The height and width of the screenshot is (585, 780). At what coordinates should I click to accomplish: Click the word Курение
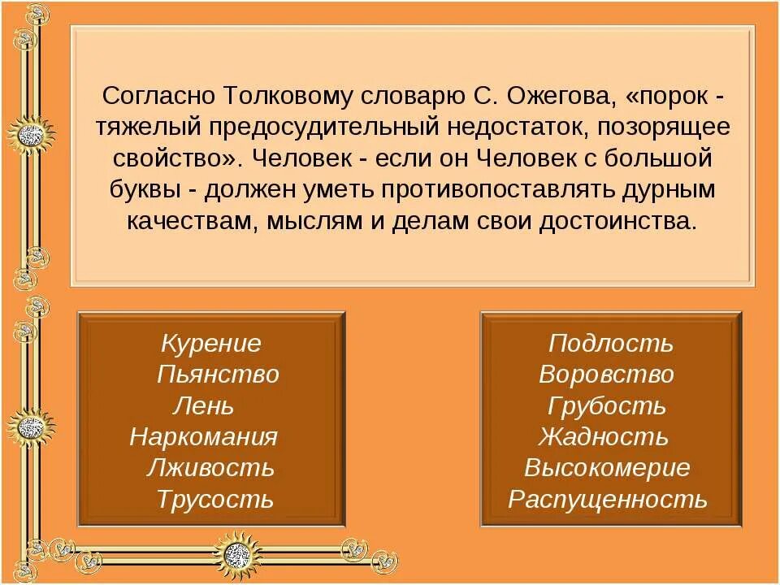pyautogui.click(x=211, y=344)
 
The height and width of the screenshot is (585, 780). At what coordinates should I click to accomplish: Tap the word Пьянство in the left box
pyautogui.click(x=218, y=375)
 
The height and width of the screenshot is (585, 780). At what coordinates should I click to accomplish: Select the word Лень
pyautogui.click(x=203, y=405)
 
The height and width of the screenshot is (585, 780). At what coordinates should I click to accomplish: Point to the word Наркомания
pyautogui.click(x=203, y=437)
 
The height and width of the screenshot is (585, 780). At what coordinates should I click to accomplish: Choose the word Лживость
pyautogui.click(x=210, y=468)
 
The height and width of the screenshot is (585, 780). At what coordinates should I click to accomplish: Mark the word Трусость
pyautogui.click(x=215, y=499)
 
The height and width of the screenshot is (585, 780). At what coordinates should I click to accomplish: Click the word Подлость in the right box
pyautogui.click(x=611, y=344)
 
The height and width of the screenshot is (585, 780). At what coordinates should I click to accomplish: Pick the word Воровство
pyautogui.click(x=606, y=375)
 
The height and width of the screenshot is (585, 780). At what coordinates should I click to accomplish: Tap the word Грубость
pyautogui.click(x=607, y=405)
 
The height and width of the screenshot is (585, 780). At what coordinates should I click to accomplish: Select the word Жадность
pyautogui.click(x=603, y=437)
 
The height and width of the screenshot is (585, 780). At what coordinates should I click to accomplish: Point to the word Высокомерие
pyautogui.click(x=607, y=468)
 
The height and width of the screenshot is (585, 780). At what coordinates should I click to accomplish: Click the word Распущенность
pyautogui.click(x=608, y=499)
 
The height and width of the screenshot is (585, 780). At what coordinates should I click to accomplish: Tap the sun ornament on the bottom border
pyautogui.click(x=237, y=555)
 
